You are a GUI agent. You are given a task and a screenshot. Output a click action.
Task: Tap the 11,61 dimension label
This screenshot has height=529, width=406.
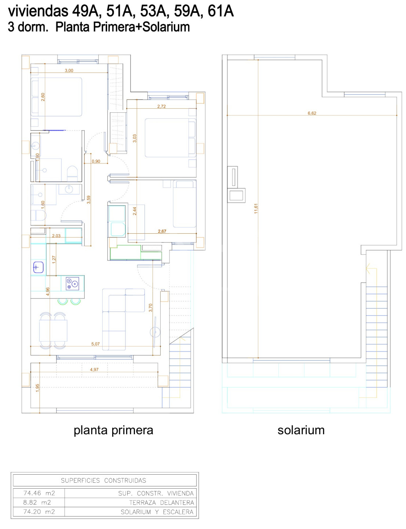pos(256,209)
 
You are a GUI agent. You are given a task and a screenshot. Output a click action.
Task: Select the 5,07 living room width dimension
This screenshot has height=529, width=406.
pos(95,344)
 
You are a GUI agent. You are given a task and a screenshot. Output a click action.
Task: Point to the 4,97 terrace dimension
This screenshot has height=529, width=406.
pos(94,369)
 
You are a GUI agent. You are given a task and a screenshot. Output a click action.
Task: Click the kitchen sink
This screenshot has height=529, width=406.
pos(38,267)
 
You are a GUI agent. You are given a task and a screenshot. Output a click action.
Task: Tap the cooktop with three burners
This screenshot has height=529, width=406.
pos(72,283)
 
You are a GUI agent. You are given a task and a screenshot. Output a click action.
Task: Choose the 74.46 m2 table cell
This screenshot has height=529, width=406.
pos(39,493)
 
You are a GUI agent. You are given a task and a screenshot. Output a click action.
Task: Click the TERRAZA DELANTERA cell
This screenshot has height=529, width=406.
pos(161,503)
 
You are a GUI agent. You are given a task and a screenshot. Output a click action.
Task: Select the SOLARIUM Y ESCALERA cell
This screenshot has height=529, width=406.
pos(157,512)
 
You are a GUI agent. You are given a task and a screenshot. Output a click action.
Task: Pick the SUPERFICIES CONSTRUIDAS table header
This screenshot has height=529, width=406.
pos(103,480)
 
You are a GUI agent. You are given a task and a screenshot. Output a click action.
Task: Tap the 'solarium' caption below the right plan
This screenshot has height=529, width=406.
pos(301,430)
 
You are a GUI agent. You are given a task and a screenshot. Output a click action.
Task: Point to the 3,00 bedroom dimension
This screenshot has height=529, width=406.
pos(69,71)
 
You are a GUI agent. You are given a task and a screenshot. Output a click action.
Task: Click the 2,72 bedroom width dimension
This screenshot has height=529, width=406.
pos(161,106)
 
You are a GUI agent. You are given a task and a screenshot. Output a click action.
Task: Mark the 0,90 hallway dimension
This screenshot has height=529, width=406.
pos(96,161)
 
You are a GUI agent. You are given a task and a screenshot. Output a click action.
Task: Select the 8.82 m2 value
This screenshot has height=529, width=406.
pos(37,503)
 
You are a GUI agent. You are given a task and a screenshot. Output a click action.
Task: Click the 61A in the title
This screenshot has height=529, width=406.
pos(220,11)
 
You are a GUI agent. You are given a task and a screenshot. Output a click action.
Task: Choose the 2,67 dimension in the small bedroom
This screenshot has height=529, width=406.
pos(162,231)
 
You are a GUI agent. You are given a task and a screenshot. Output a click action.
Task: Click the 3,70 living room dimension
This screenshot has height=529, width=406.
pos(150,308)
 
